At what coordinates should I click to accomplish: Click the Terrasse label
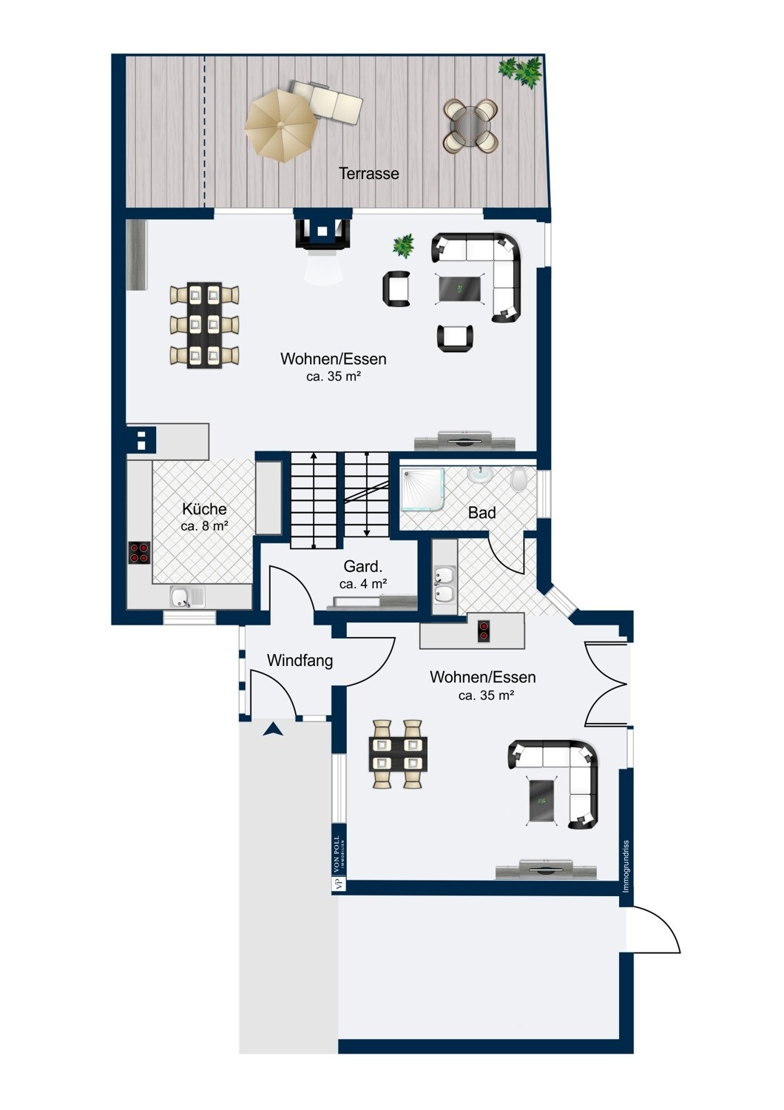coord(368,173)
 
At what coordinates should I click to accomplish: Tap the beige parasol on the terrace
coord(280,125)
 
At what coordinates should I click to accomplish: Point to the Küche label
coord(204,509)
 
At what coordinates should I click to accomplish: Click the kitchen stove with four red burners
coord(140,553)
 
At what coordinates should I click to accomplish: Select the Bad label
coord(481,513)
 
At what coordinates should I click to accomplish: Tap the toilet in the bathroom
coord(518,480)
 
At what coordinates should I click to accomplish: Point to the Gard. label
coord(363,566)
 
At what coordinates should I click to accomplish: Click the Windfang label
coord(300,660)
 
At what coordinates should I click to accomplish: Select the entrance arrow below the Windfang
coord(273,729)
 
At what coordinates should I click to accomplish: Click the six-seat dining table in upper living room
coord(204,325)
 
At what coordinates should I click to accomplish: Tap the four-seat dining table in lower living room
coord(398,754)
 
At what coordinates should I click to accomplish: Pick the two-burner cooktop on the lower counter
coord(484,631)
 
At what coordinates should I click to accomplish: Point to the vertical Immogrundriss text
coord(626,867)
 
